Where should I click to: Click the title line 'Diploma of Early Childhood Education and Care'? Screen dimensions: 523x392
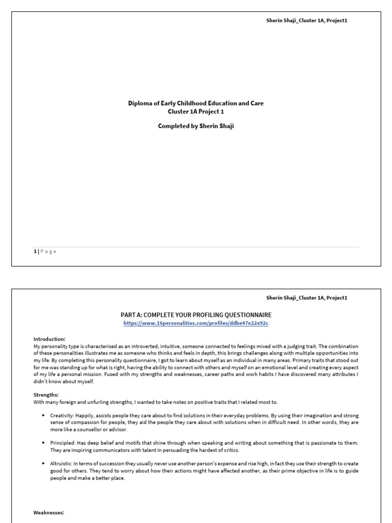click(195, 104)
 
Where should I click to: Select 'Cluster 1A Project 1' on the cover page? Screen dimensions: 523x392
click(195, 112)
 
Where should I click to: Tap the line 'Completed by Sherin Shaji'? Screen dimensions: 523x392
click(195, 127)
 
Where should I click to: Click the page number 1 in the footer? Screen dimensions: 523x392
click(35, 251)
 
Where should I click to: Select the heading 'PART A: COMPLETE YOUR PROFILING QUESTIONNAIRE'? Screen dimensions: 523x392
click(195, 315)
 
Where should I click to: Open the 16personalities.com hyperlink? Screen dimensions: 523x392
click(195, 324)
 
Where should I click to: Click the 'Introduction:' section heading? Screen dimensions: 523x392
click(50, 339)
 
